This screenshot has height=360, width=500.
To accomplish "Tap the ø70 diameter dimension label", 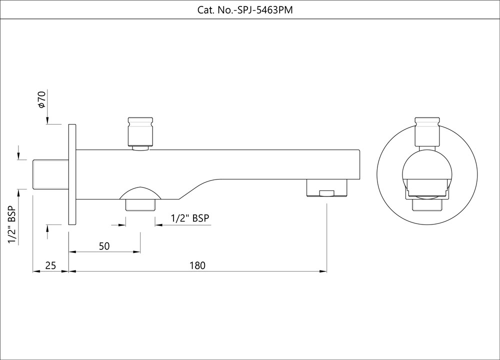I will click(x=42, y=100).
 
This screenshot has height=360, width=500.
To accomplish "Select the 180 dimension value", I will click(x=197, y=265).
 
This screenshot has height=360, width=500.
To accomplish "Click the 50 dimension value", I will click(x=104, y=246).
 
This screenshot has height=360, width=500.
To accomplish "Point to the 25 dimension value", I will click(x=50, y=265).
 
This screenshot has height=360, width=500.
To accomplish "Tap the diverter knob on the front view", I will click(x=427, y=132).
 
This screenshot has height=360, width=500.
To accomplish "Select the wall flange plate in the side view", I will click(x=71, y=174).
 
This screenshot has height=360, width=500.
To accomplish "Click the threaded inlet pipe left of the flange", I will click(x=50, y=174).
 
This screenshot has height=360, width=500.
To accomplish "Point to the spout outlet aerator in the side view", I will click(x=326, y=189).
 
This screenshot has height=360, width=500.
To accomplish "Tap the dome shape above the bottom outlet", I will click(x=140, y=193).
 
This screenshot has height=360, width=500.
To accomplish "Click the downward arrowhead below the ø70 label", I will click(x=47, y=120).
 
